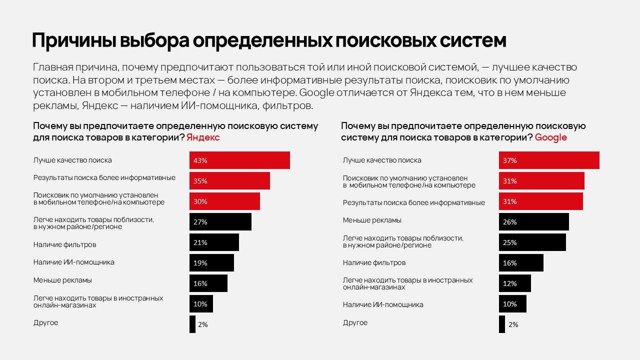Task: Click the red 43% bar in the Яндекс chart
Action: pyautogui.click(x=239, y=160)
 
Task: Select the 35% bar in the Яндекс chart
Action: pyautogui.click(x=229, y=180)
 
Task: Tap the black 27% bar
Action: pyautogui.click(x=220, y=221)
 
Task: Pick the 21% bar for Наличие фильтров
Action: pyautogui.click(x=214, y=242)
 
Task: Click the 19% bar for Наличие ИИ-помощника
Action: pyautogui.click(x=211, y=262)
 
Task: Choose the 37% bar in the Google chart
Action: pyautogui.click(x=549, y=160)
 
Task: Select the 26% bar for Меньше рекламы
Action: pyautogui.click(x=533, y=221)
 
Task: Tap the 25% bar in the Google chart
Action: pyautogui.click(x=532, y=242)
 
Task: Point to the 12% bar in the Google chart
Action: pyautogui.click(x=514, y=283)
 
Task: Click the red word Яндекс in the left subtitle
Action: pyautogui.click(x=203, y=137)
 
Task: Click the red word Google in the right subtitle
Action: pyautogui.click(x=550, y=137)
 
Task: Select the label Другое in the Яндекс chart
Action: pyautogui.click(x=45, y=322)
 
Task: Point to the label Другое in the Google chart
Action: pyautogui.click(x=355, y=322)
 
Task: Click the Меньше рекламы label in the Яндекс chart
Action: pyautogui.click(x=62, y=280)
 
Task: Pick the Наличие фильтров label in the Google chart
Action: pyautogui.click(x=374, y=262)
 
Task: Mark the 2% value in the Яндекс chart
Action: pyautogui.click(x=202, y=324)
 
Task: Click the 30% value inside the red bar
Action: pyautogui.click(x=200, y=201)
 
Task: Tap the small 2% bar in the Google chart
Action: pyautogui.click(x=502, y=324)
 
